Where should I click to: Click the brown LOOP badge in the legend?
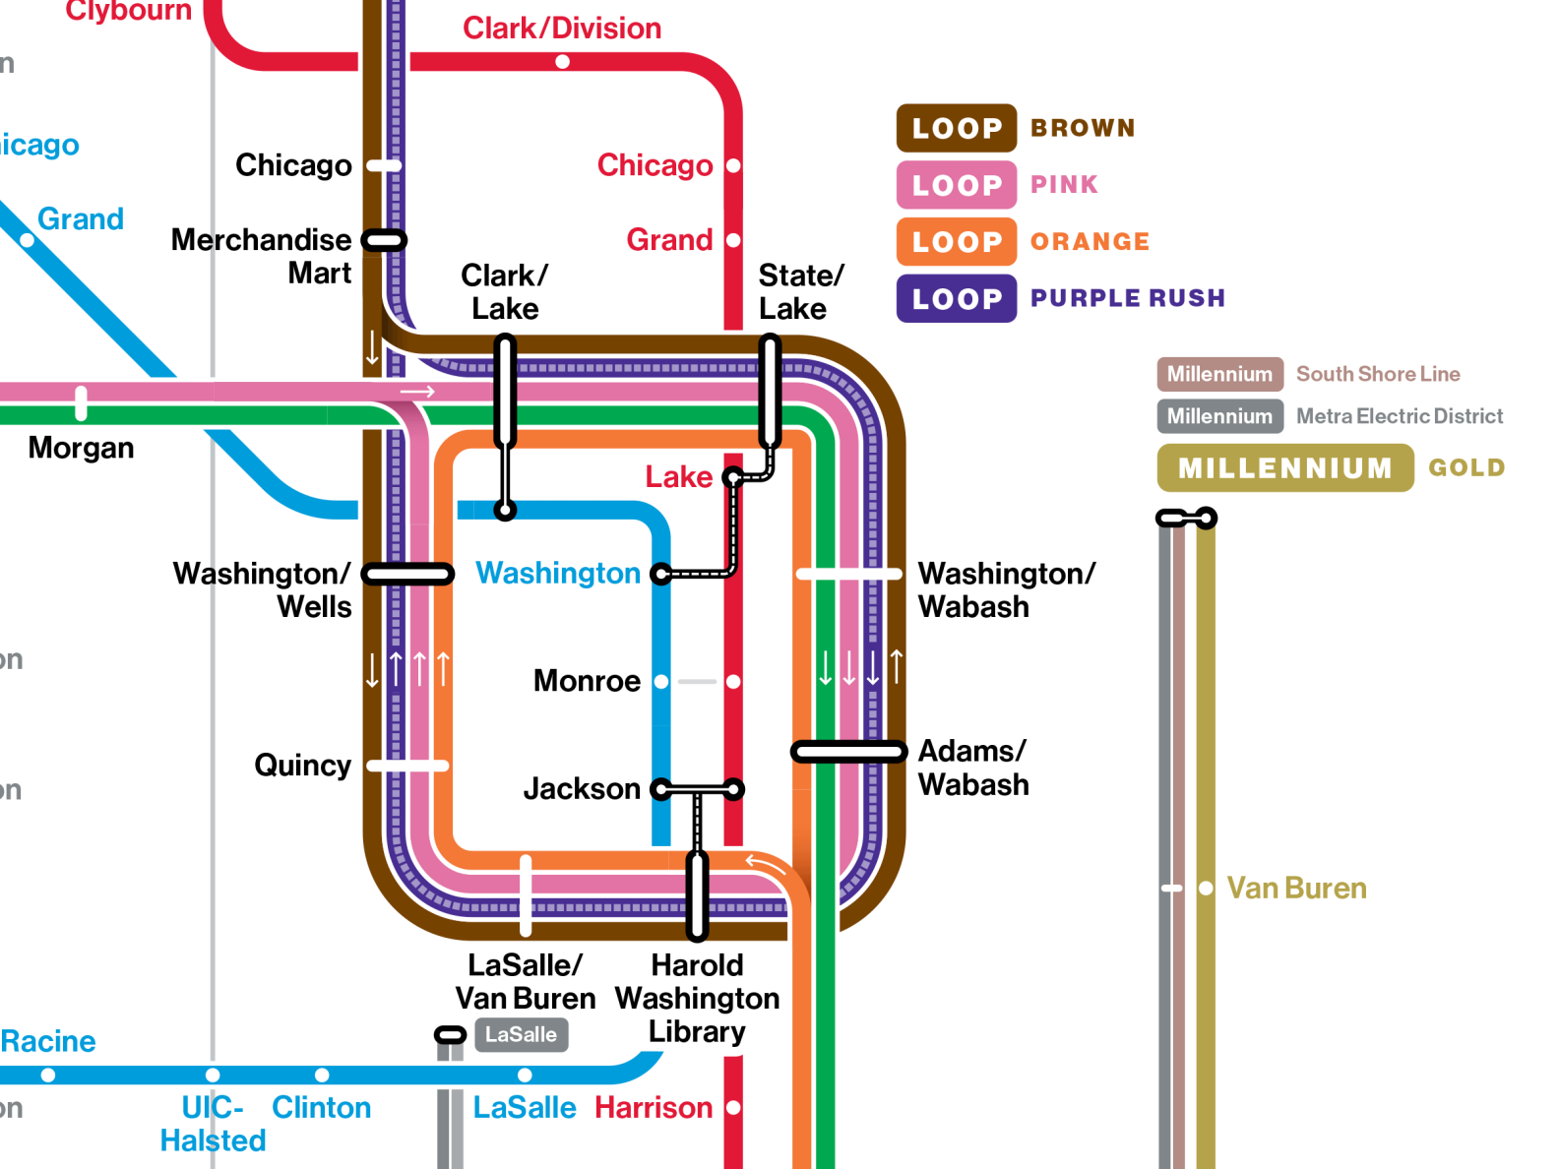tap(956, 128)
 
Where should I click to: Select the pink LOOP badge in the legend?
tap(956, 185)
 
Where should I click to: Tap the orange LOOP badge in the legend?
tap(956, 242)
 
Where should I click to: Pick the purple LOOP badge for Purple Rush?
tap(956, 299)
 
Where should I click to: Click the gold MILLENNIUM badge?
tap(1284, 468)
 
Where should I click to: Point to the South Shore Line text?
tap(1377, 374)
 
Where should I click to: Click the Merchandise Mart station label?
tap(262, 256)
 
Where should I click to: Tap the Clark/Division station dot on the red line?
tap(562, 62)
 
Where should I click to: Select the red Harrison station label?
tap(654, 1108)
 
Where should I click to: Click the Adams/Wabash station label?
tap(973, 768)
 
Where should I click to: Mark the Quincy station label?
tap(302, 766)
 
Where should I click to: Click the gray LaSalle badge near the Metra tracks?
tap(521, 1035)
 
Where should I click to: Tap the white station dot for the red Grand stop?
tap(733, 240)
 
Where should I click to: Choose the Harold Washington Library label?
tap(697, 998)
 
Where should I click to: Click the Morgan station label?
tap(81, 448)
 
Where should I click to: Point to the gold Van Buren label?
tap(1296, 889)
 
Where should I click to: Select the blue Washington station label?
tap(558, 573)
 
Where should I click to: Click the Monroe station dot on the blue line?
tap(661, 682)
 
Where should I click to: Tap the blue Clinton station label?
tap(321, 1108)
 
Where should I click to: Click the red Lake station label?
tap(678, 477)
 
